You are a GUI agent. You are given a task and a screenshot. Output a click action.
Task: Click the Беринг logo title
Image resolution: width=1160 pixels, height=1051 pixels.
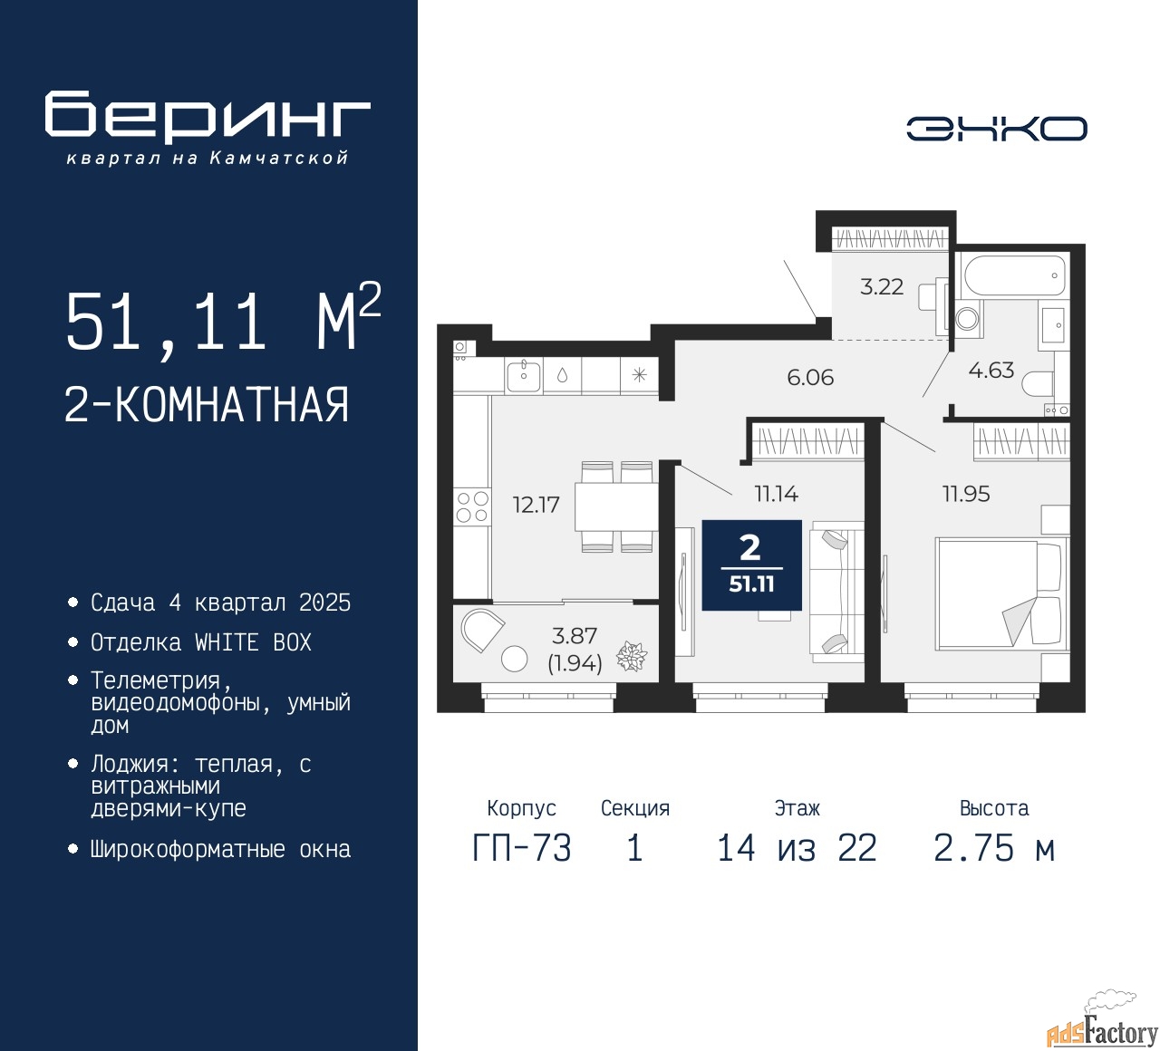click(207, 116)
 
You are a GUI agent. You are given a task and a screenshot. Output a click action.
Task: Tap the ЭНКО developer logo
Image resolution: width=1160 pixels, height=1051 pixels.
click(996, 129)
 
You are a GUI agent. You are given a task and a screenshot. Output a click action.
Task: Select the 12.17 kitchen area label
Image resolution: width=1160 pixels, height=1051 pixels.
click(536, 505)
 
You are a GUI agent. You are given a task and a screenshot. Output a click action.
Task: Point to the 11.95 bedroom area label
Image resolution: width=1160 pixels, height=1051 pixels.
click(966, 494)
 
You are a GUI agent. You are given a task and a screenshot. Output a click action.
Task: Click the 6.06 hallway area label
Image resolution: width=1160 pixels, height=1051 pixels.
click(810, 378)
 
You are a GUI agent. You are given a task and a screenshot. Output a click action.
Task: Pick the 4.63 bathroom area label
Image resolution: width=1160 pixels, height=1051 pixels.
click(991, 370)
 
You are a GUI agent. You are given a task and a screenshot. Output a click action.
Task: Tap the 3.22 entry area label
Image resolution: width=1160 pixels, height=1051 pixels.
click(881, 286)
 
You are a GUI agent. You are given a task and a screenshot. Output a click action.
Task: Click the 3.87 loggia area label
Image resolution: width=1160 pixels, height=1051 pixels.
click(575, 636)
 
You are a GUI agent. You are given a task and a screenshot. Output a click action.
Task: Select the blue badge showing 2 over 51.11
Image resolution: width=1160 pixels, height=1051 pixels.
click(751, 564)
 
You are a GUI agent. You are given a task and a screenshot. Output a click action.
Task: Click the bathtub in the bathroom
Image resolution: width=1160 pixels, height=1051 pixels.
click(1014, 275)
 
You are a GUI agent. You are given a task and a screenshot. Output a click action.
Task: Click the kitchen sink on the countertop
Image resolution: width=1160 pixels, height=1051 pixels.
click(524, 374)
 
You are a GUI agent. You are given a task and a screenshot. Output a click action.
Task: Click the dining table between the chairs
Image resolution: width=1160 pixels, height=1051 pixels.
click(616, 507)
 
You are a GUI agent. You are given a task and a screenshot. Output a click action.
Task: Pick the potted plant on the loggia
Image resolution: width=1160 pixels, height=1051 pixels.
click(632, 656)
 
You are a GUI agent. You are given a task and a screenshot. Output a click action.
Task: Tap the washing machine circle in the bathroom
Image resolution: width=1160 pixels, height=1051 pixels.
click(967, 318)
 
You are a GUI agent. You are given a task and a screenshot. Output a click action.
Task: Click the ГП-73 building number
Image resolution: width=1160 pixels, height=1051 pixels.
click(522, 848)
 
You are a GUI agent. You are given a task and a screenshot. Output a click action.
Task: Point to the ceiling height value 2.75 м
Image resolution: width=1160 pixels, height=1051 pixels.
click(994, 848)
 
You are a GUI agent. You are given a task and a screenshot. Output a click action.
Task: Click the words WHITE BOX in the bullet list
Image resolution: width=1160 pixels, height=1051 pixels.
click(253, 642)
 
